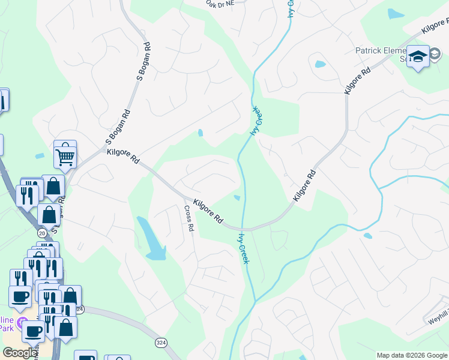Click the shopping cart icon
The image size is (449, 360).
pyautogui.click(x=65, y=155)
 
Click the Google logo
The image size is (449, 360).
pyautogui.click(x=20, y=353)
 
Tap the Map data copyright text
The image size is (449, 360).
pyautogui.click(x=412, y=355)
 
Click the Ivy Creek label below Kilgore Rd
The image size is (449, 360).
pyautogui.click(x=244, y=248)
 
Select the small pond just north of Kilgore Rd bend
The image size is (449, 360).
pyautogui.click(x=237, y=197)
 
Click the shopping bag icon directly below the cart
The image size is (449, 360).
pyautogui.click(x=53, y=187)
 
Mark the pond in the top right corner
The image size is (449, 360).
pyautogui.click(x=396, y=13)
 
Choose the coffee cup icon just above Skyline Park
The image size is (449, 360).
pyautogui.click(x=20, y=295)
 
